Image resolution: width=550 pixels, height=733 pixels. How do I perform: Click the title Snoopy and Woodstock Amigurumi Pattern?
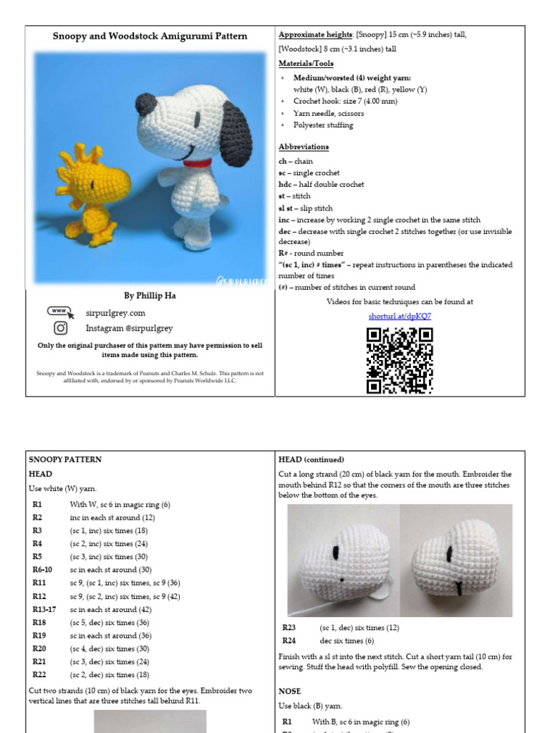point(150,36)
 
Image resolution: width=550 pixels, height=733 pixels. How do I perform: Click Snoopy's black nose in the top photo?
point(148,102)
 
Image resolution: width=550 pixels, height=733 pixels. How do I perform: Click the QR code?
point(400,360)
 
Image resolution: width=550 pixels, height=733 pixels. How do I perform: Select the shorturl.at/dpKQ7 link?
point(400,315)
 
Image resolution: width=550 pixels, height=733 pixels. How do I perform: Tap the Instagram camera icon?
point(61,328)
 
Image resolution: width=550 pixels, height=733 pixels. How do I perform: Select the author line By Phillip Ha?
point(150,295)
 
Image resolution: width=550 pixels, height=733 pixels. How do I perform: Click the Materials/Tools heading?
point(306,64)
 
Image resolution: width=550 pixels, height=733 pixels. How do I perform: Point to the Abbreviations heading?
point(304,147)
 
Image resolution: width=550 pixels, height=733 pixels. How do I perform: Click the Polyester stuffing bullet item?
point(323,125)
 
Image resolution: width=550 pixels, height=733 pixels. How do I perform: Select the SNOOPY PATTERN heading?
point(65,460)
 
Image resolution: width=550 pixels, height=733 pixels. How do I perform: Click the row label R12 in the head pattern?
point(37,596)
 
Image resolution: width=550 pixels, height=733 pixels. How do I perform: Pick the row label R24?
point(289,641)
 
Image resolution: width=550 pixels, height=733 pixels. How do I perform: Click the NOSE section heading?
point(290,691)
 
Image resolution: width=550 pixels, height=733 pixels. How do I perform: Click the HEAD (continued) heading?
point(311,460)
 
